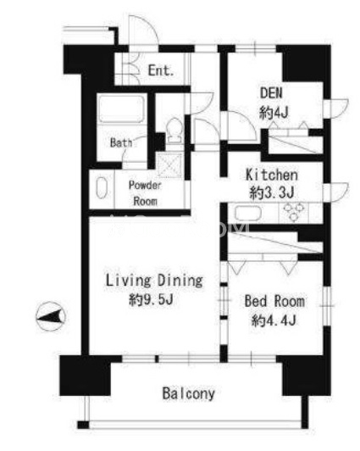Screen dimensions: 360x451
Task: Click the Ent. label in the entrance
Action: [161, 70]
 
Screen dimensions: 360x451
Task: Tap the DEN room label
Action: [271, 93]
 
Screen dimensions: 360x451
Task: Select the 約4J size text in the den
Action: [274, 112]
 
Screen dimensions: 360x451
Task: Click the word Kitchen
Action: [272, 175]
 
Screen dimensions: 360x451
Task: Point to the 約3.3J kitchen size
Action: [272, 192]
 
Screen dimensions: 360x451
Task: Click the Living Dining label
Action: [154, 281]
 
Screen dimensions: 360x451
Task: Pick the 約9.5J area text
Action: [151, 300]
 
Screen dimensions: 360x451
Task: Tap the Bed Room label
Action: [274, 301]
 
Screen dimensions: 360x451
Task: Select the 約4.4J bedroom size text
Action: [274, 320]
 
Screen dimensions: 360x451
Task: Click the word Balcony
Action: [189, 393]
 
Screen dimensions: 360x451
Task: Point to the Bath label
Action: [121, 142]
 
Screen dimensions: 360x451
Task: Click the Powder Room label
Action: [145, 193]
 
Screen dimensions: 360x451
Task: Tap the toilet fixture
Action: [174, 131]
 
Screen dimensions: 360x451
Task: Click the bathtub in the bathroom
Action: [121, 109]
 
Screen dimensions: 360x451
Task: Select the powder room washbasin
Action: [102, 188]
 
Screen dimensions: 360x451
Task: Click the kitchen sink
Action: [248, 213]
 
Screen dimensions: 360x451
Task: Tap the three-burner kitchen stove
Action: [293, 212]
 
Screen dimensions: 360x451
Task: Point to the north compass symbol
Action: [51, 316]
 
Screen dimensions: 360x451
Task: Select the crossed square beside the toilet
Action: [170, 165]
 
